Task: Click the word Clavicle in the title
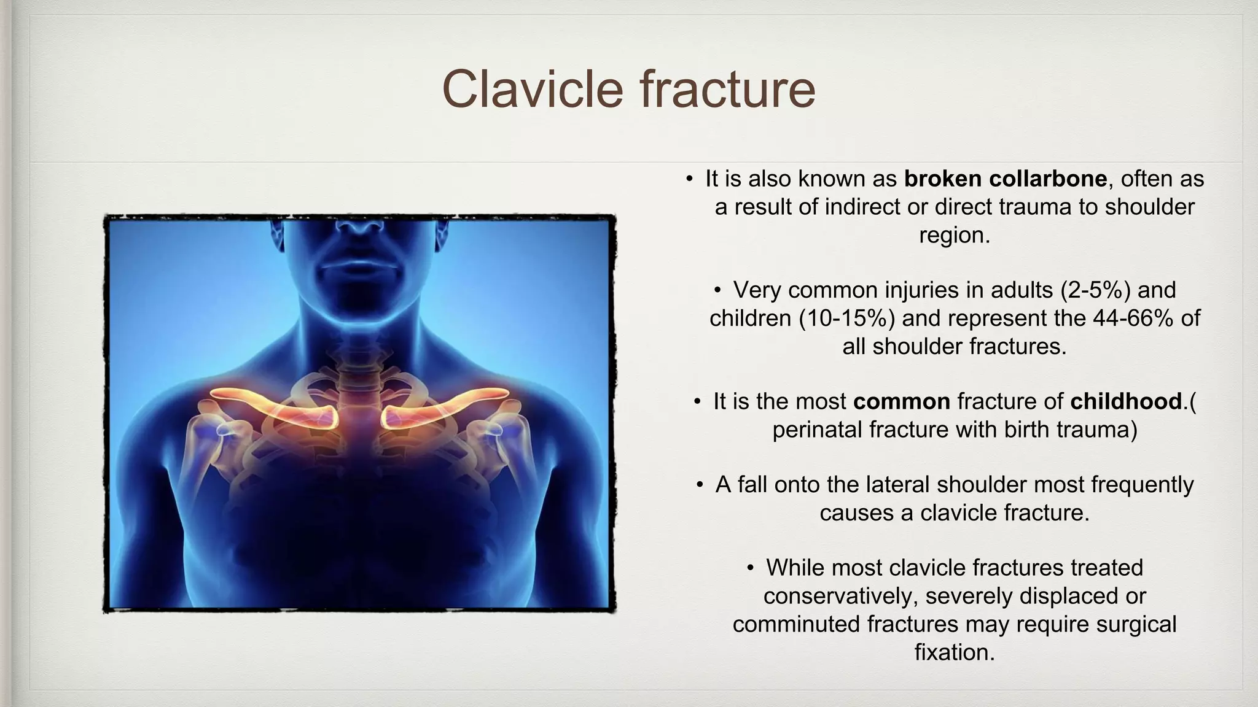point(532,90)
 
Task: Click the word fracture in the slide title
point(727,90)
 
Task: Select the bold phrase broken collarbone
point(1006,179)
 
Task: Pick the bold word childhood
point(1126,401)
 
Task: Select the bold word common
point(901,401)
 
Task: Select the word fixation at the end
point(954,652)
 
